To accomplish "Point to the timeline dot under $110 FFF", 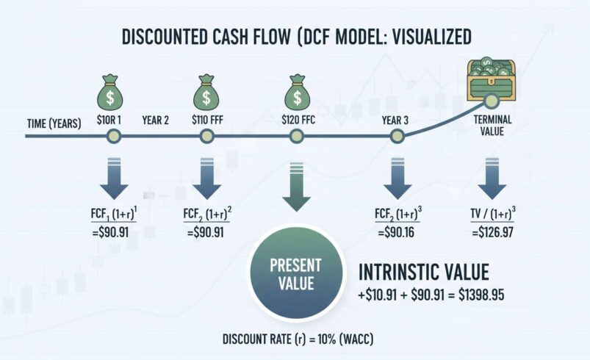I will point(206,136).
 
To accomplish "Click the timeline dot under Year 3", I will point(397,136).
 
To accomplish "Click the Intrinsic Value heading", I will point(423,273).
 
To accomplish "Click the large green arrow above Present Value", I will point(295,187).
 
